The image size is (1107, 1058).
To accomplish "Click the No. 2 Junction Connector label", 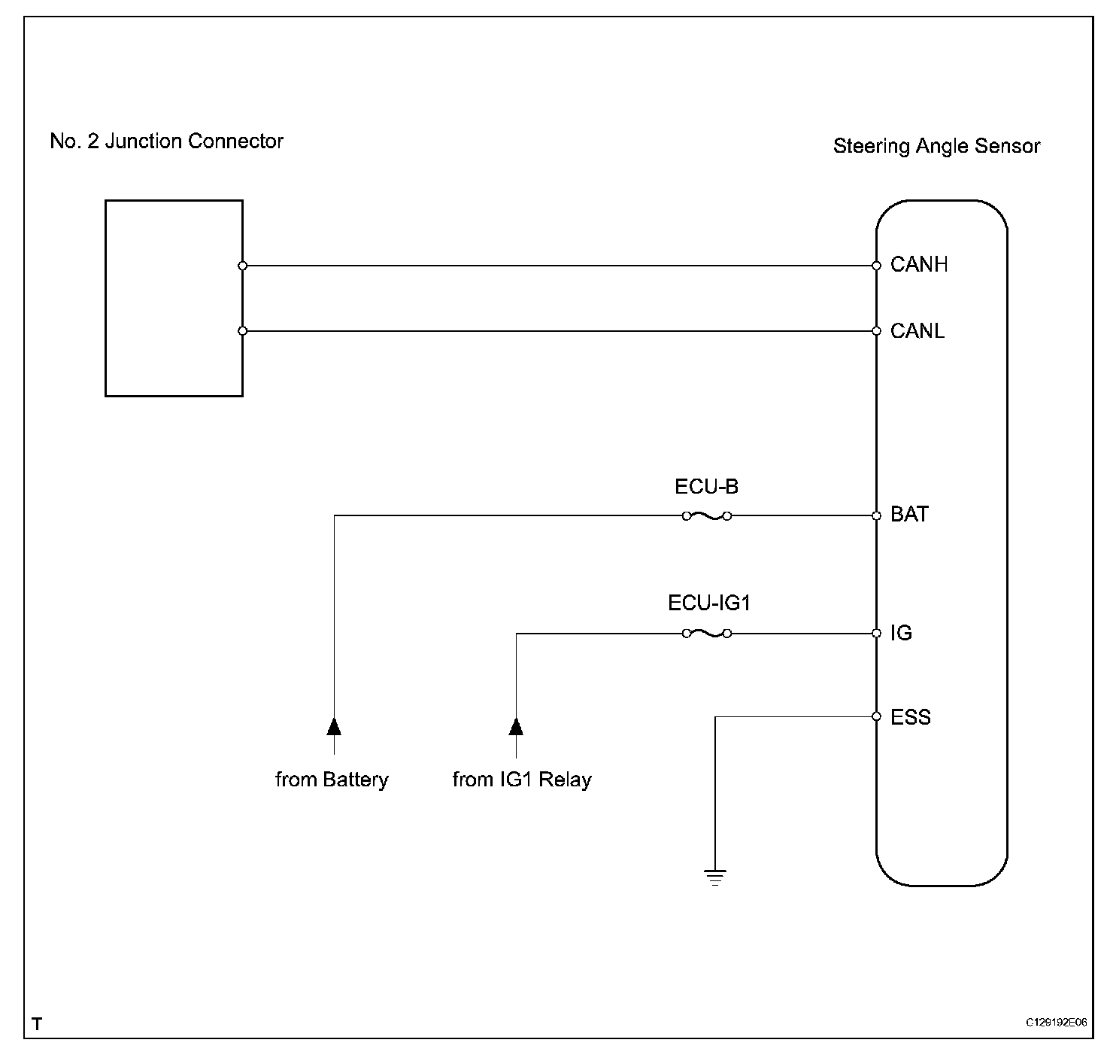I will [166, 141].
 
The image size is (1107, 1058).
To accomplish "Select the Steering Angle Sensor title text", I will [936, 146].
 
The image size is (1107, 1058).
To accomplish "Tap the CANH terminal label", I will [918, 265].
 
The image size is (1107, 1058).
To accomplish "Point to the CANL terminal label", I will [917, 331].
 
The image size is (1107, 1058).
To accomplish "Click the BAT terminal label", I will [909, 515].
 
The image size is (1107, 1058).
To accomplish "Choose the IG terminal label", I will [901, 633].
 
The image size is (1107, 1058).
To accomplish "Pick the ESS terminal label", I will [910, 717].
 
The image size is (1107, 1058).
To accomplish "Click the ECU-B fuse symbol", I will [707, 516].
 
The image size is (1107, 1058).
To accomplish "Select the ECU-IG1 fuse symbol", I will [707, 634].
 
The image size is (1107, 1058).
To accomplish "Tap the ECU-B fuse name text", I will [706, 487].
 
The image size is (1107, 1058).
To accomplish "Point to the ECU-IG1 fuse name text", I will [709, 603].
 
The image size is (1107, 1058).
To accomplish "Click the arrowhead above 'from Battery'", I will [334, 726].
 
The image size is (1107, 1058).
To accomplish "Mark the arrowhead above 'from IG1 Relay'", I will [516, 726].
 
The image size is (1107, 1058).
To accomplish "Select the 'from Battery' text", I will [332, 780].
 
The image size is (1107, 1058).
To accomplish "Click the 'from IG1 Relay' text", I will [522, 780].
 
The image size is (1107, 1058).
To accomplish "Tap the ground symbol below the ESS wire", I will [715, 877].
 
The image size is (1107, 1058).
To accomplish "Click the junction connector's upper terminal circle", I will [242, 266].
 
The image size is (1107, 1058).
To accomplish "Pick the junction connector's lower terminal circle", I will [242, 331].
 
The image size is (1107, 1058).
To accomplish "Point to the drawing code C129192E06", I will [1056, 1023].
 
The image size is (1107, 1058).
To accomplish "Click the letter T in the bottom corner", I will [38, 1024].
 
